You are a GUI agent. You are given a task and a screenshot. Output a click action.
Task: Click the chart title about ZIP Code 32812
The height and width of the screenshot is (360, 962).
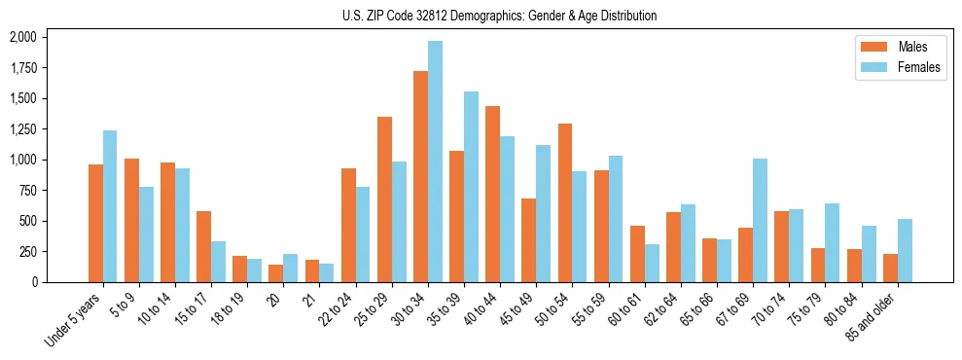click(x=499, y=16)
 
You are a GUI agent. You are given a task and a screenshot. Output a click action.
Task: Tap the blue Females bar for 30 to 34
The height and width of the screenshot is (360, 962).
click(x=435, y=162)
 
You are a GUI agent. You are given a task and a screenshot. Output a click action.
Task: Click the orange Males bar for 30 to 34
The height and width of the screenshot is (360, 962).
click(x=420, y=176)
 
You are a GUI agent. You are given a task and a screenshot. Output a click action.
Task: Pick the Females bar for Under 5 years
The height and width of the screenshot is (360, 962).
click(x=110, y=206)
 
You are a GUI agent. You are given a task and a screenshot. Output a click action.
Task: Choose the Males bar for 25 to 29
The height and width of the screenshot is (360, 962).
click(x=384, y=199)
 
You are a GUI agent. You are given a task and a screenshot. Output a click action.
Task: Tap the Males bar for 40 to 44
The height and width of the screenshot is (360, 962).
click(x=492, y=194)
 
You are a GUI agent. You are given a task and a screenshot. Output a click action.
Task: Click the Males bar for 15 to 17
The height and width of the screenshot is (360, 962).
click(x=203, y=246)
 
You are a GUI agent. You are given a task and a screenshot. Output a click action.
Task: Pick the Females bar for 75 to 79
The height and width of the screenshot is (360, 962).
click(x=832, y=242)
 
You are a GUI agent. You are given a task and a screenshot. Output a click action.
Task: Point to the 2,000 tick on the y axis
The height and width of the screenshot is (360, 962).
click(x=22, y=37)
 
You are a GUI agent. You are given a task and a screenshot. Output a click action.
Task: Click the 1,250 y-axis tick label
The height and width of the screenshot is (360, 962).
click(x=22, y=129)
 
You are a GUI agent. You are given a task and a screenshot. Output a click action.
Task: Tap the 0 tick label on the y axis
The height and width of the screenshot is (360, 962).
click(x=33, y=282)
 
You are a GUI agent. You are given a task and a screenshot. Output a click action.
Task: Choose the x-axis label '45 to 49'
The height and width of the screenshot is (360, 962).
click(x=515, y=308)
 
